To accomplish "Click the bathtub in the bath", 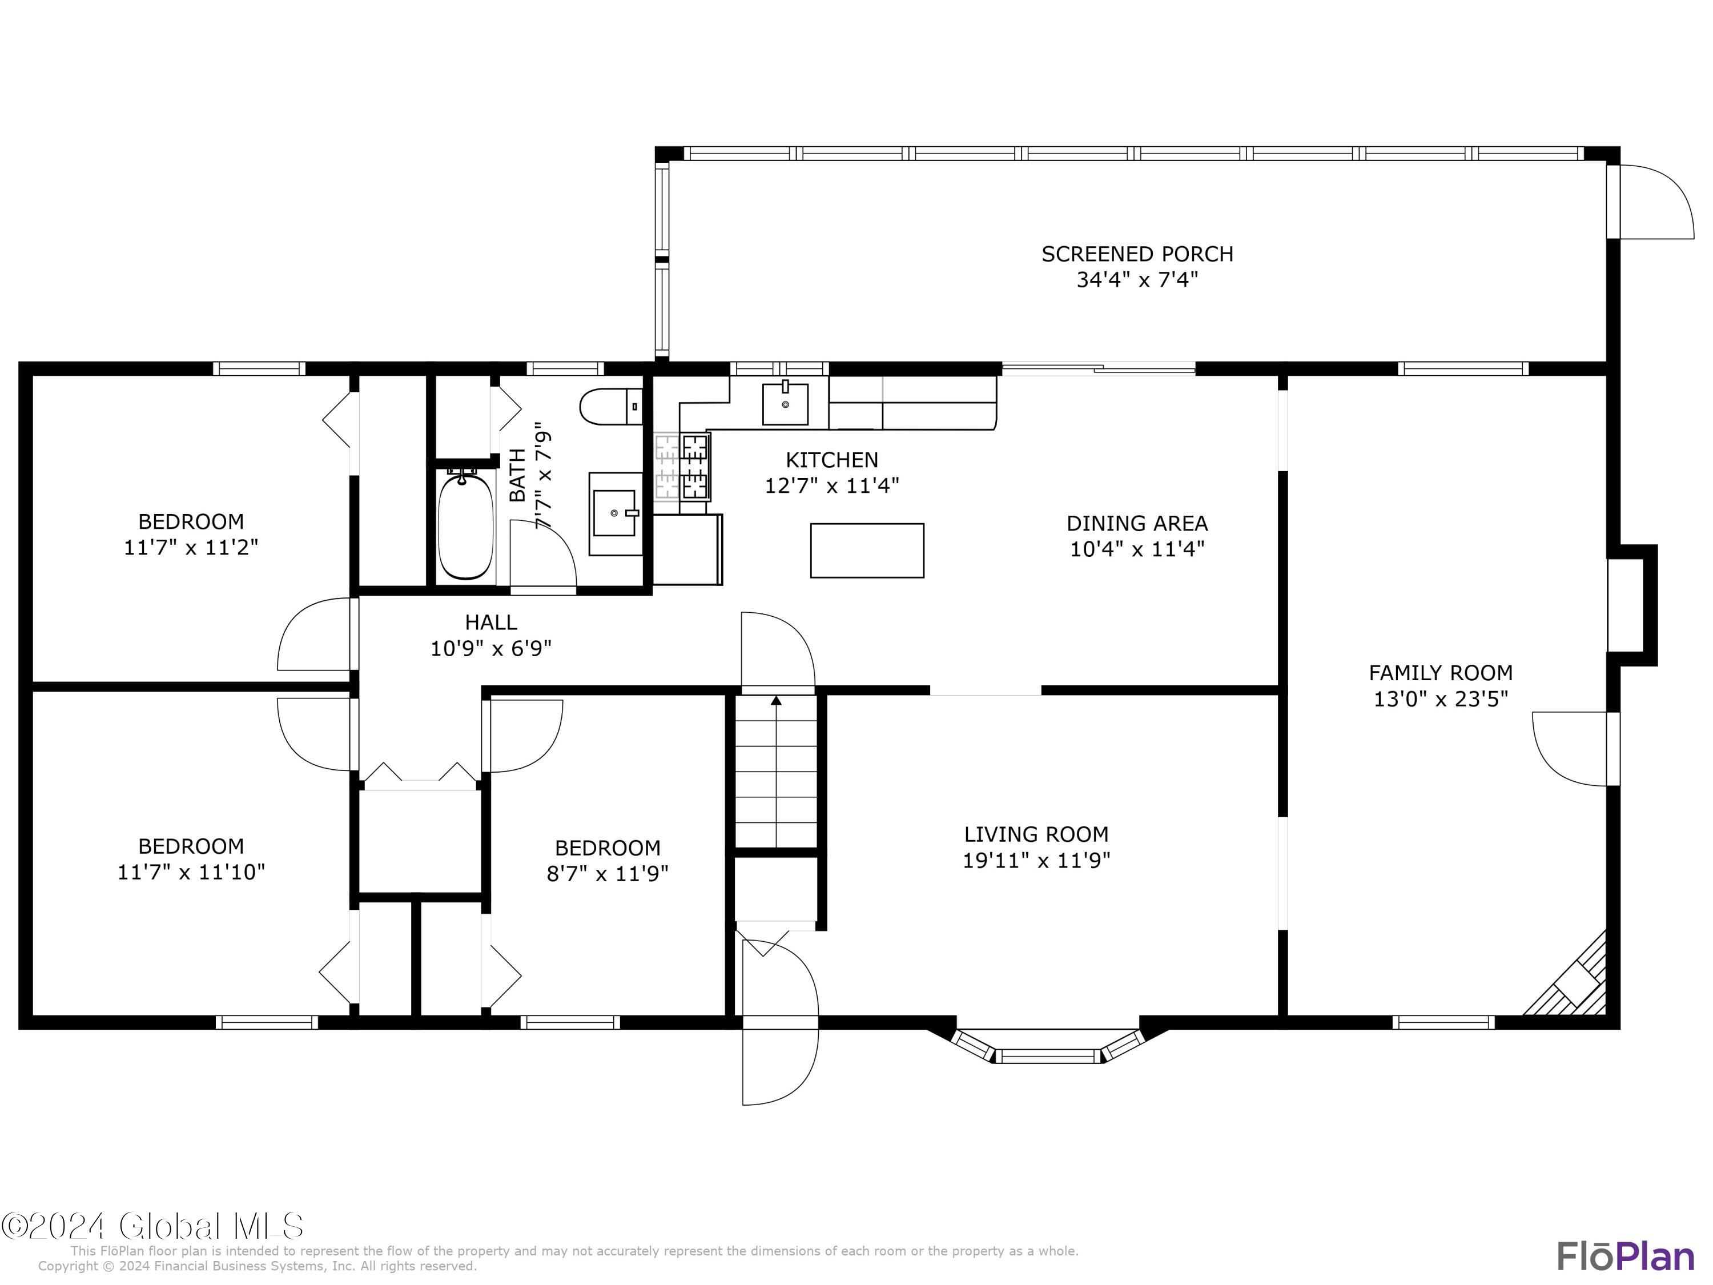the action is [466, 525].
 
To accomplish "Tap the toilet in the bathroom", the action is [611, 407].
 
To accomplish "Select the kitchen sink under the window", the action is [785, 404].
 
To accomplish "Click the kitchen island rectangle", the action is [867, 550].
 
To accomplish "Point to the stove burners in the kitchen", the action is [695, 465].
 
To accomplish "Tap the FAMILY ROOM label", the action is [1441, 672].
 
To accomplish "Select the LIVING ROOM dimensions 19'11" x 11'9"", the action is [1036, 860].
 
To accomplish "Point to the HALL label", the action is [491, 621].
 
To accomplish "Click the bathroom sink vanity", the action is [616, 513].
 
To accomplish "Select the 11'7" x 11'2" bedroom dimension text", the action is [191, 547].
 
